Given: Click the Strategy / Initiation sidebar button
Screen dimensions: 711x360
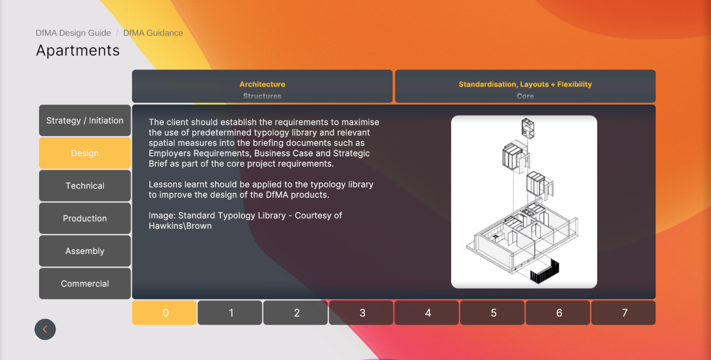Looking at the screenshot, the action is pos(85,120).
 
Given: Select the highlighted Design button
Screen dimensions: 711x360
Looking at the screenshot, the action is pos(85,153).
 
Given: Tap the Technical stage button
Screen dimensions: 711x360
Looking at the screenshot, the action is pos(85,186).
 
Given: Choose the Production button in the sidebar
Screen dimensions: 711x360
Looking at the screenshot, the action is pos(85,218).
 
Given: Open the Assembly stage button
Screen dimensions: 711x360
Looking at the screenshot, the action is pos(85,251).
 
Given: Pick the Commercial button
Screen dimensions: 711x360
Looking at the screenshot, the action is pos(85,284).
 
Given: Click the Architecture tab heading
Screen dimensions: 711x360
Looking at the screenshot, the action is pos(262,84).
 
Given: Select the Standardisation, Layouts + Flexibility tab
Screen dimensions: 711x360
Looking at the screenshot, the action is pos(525,84).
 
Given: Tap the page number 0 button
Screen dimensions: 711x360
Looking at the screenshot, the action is pos(164,313).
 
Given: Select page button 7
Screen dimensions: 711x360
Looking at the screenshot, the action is pos(624,313).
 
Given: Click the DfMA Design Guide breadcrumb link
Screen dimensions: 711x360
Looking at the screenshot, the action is pos(73,33).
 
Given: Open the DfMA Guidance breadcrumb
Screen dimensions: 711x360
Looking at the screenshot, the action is pos(153,33).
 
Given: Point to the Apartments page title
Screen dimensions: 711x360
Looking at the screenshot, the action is pos(78,51).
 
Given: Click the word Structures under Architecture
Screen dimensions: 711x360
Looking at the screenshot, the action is pos(262,96).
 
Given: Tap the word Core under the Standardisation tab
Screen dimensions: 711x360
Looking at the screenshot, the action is pos(525,96).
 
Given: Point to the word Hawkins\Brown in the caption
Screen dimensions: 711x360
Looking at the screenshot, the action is pos(180,226).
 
